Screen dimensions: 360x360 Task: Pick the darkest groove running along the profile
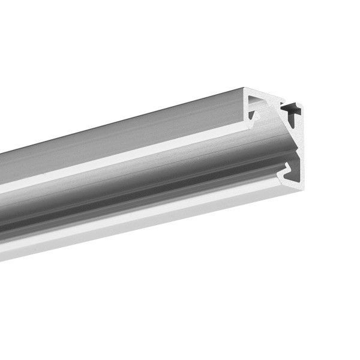tap(120, 201)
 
